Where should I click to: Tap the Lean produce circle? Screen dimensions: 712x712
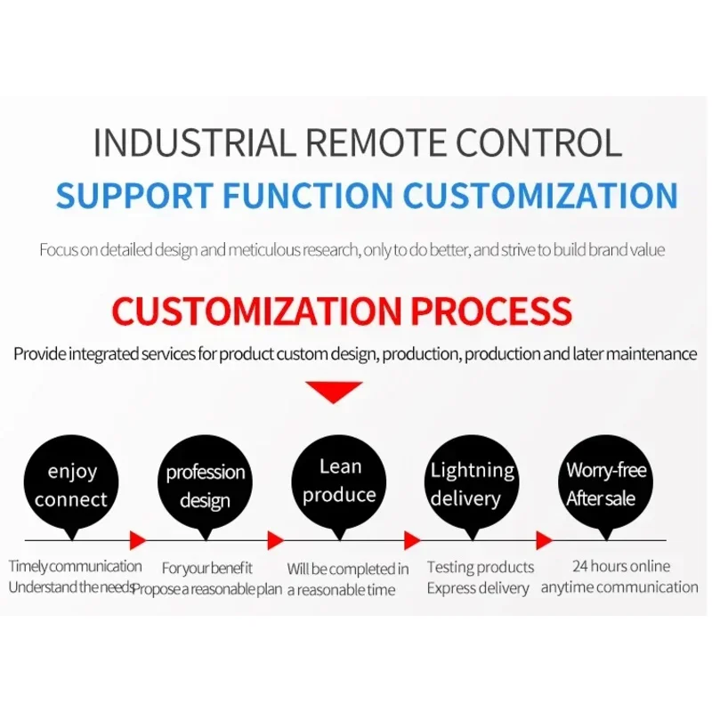pos(339,481)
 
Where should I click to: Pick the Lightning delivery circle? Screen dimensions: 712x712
pos(472,484)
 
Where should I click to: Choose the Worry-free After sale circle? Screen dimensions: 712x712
pos(606,484)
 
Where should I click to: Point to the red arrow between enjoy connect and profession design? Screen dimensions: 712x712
pos(137,539)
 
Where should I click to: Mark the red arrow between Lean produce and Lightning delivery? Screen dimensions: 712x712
pos(411,539)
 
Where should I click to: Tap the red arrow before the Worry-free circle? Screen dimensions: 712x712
pos(544,539)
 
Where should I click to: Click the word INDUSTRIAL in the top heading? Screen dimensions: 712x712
pos(192,143)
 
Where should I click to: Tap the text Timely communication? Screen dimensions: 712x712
pos(75,566)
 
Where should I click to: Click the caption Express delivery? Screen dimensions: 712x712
pos(478,588)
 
